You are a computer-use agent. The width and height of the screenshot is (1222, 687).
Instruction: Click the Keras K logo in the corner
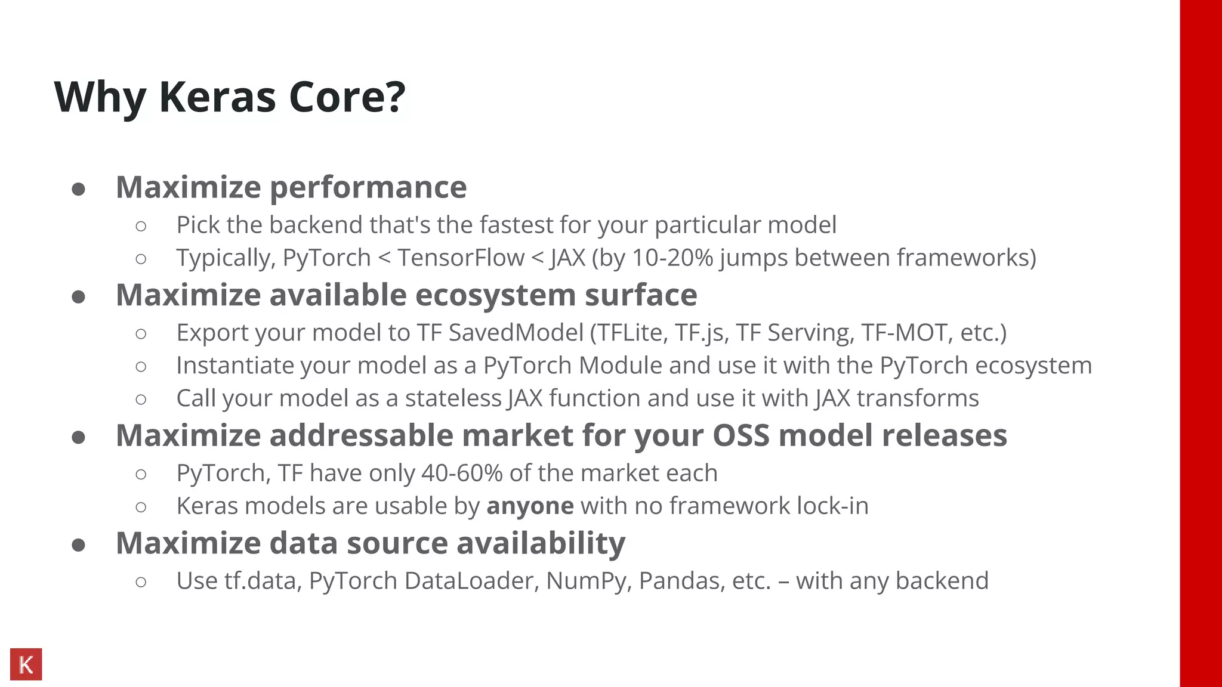click(x=26, y=664)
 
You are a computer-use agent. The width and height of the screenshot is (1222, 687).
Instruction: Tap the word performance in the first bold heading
click(x=368, y=187)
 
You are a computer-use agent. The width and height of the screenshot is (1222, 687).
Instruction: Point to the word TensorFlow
click(x=461, y=258)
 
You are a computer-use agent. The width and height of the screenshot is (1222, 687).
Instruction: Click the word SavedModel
click(x=516, y=333)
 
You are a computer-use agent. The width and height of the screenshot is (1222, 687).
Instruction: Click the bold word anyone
click(x=530, y=506)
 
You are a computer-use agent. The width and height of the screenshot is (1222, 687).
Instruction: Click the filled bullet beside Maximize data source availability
click(x=78, y=545)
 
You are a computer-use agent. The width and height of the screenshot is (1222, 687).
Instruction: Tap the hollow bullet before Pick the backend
click(x=141, y=226)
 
